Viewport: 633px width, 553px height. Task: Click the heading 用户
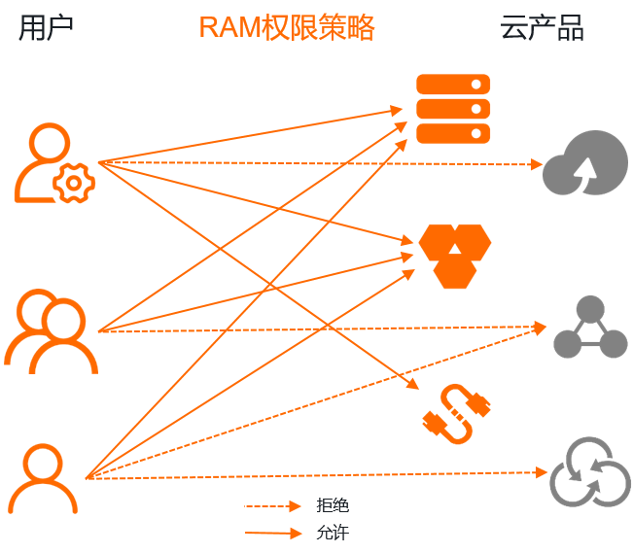point(46,28)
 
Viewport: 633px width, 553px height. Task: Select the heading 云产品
point(542,28)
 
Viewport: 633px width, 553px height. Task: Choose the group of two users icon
point(52,331)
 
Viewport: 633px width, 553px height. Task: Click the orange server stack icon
point(453,108)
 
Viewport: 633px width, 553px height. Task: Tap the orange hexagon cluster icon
point(454,255)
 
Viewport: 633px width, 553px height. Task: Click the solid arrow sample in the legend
point(273,533)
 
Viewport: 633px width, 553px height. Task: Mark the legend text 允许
point(332,533)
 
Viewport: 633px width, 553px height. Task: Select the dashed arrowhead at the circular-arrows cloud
point(542,472)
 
